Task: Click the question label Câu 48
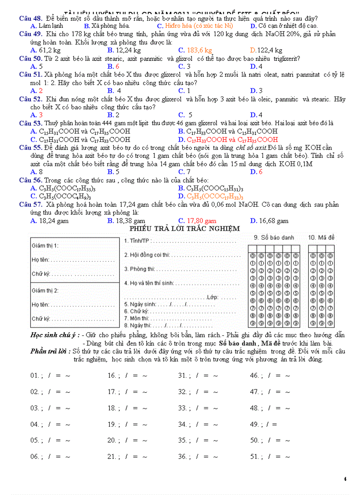[x=30, y=19]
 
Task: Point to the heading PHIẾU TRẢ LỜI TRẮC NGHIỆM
[x=184, y=229]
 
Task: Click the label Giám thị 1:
[x=45, y=246]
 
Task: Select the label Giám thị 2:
[x=45, y=290]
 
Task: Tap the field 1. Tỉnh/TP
[x=138, y=241]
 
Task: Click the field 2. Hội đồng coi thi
[x=147, y=255]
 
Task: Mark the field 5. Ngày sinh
[x=140, y=304]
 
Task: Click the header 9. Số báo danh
[x=274, y=238]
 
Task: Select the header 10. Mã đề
[x=321, y=238]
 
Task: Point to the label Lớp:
[x=213, y=298]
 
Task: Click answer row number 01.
[x=35, y=376]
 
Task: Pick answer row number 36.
[x=183, y=457]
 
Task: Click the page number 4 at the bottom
[x=345, y=479]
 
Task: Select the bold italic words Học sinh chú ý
[x=55, y=335]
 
